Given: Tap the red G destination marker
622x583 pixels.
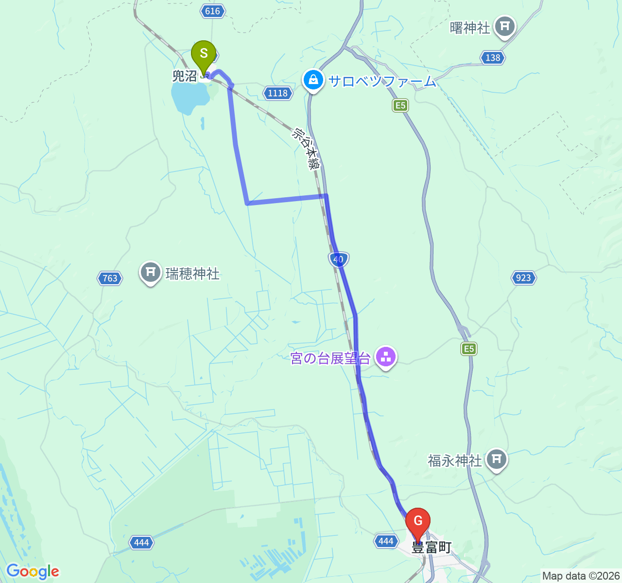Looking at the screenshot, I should coord(418,522).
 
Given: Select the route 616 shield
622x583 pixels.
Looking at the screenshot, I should coord(213,11).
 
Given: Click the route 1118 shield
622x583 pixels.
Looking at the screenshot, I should coord(278,93).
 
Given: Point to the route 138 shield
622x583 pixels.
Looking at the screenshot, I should coord(493,57).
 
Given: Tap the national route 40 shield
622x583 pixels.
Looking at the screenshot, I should coord(338,259).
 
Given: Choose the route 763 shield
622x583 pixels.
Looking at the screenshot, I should coord(110,278).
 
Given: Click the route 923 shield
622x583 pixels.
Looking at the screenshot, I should coord(523,277).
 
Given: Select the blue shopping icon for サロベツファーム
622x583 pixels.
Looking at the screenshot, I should coord(313,80).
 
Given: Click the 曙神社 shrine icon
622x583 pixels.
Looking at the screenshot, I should coord(505,26).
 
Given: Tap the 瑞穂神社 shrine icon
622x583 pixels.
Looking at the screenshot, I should coord(151,272).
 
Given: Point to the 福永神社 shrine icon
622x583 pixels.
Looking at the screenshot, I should coord(496,459).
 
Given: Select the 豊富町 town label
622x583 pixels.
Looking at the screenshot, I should coord(432,548).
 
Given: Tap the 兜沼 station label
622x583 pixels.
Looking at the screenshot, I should coord(185,76).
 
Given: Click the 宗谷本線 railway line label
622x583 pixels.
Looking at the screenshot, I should coord(307,149).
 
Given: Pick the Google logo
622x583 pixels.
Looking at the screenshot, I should coord(33,571).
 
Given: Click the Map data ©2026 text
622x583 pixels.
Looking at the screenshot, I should coord(581,576).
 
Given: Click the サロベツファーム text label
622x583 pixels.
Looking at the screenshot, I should coord(382,81).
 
